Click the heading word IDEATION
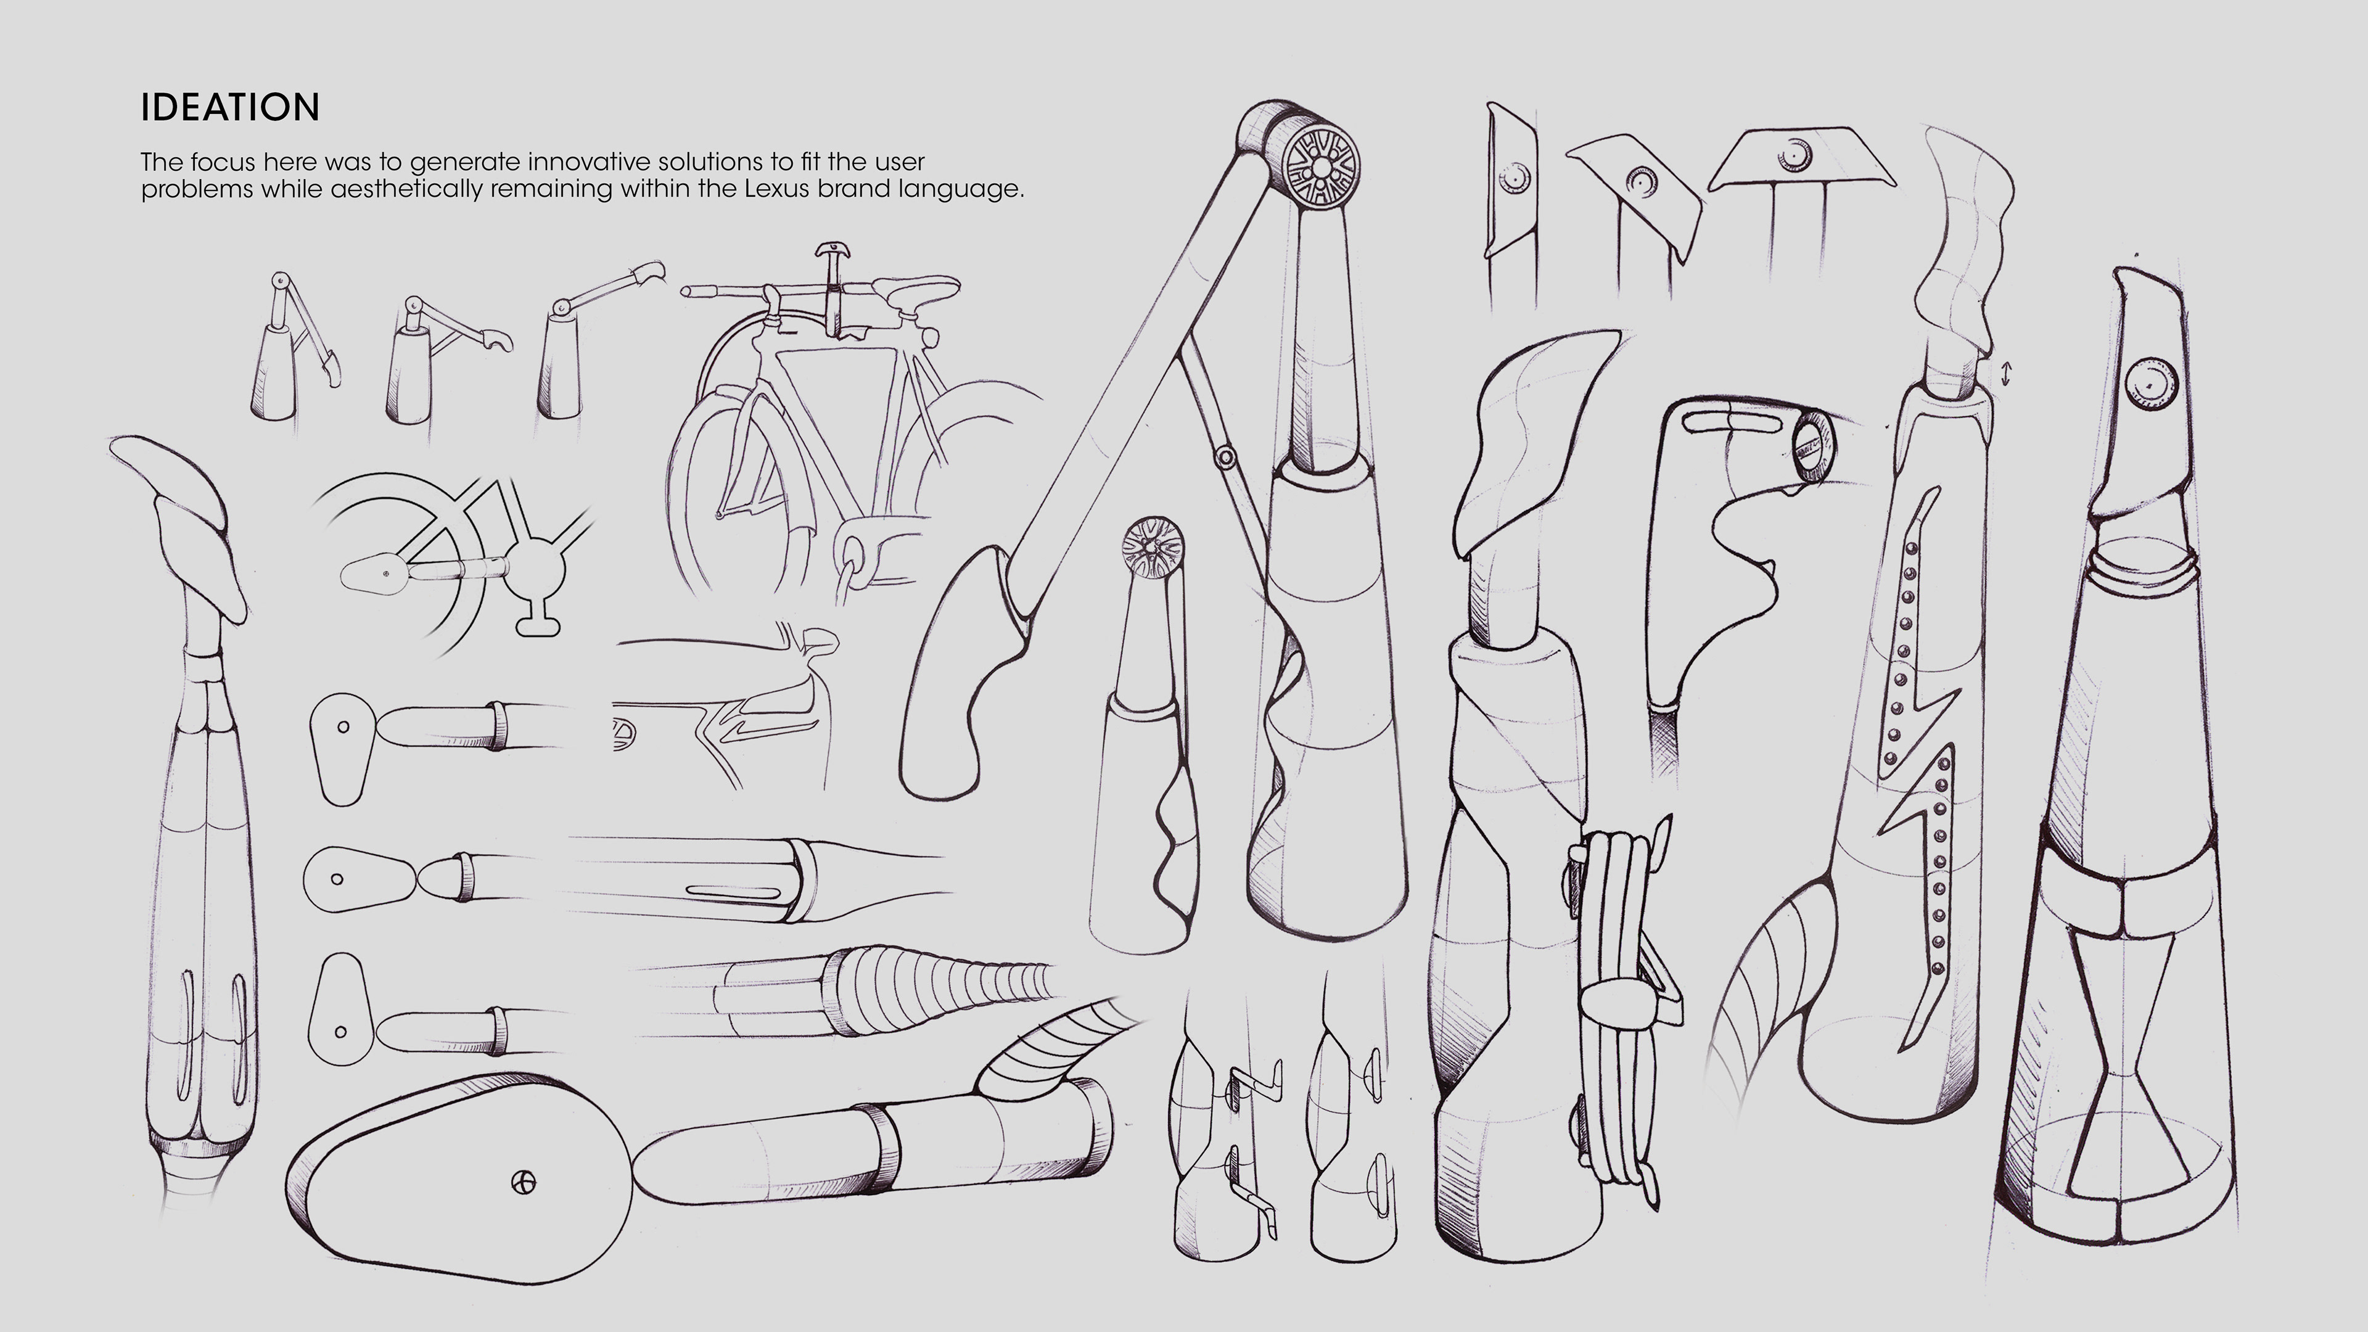click(x=230, y=107)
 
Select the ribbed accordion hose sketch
click(x=937, y=988)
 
